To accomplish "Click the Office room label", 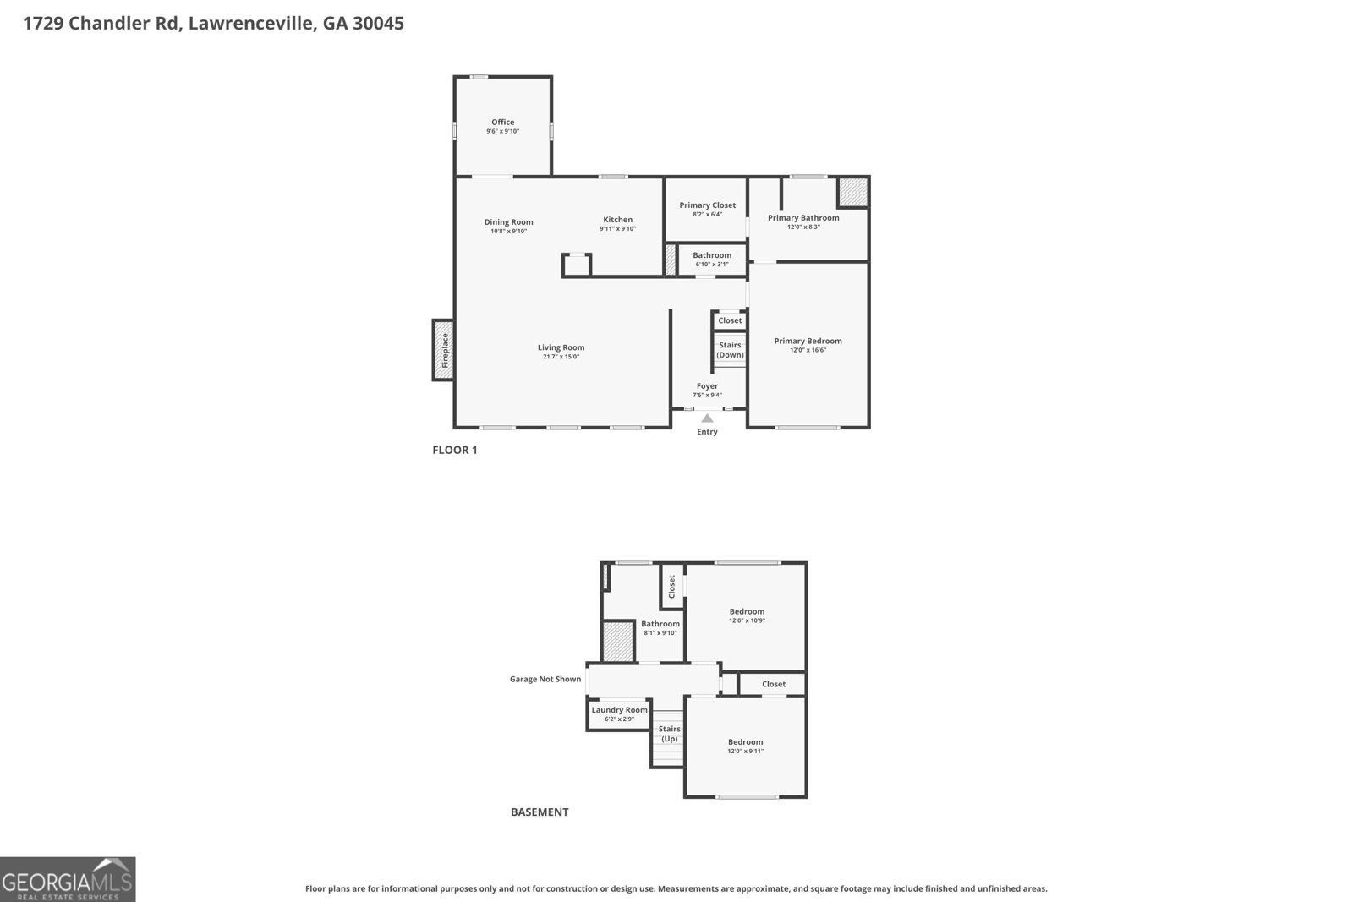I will click(502, 122).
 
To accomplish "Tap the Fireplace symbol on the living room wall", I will click(443, 350).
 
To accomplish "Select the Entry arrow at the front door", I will click(707, 418).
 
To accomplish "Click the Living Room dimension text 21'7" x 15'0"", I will click(561, 357).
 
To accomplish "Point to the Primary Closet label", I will click(707, 205).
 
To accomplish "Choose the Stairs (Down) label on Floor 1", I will click(730, 350).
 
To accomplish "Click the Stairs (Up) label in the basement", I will click(669, 734).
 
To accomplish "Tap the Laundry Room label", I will click(619, 710).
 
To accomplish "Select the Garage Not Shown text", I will click(545, 679).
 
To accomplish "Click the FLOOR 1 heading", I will click(455, 450).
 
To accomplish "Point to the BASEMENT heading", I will click(540, 812).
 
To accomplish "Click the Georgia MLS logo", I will click(68, 879).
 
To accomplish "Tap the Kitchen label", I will click(617, 220).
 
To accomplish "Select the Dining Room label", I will click(508, 222).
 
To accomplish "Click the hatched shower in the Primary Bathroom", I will click(852, 192).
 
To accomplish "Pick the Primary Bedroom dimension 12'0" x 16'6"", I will click(808, 350).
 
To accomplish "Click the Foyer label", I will click(707, 385).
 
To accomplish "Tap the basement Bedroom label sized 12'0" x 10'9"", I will click(747, 611).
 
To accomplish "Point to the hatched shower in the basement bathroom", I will click(618, 642).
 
